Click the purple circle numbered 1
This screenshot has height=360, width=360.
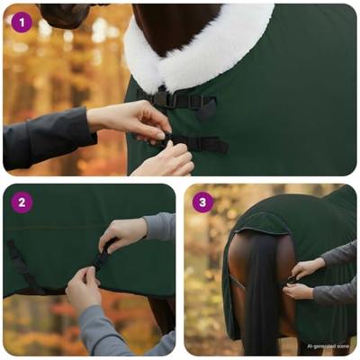pyautogui.click(x=22, y=22)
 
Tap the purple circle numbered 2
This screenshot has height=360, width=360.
pyautogui.click(x=22, y=202)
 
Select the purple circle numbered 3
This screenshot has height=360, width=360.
pyautogui.click(x=202, y=202)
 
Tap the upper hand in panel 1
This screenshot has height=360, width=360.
pyautogui.click(x=135, y=119)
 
